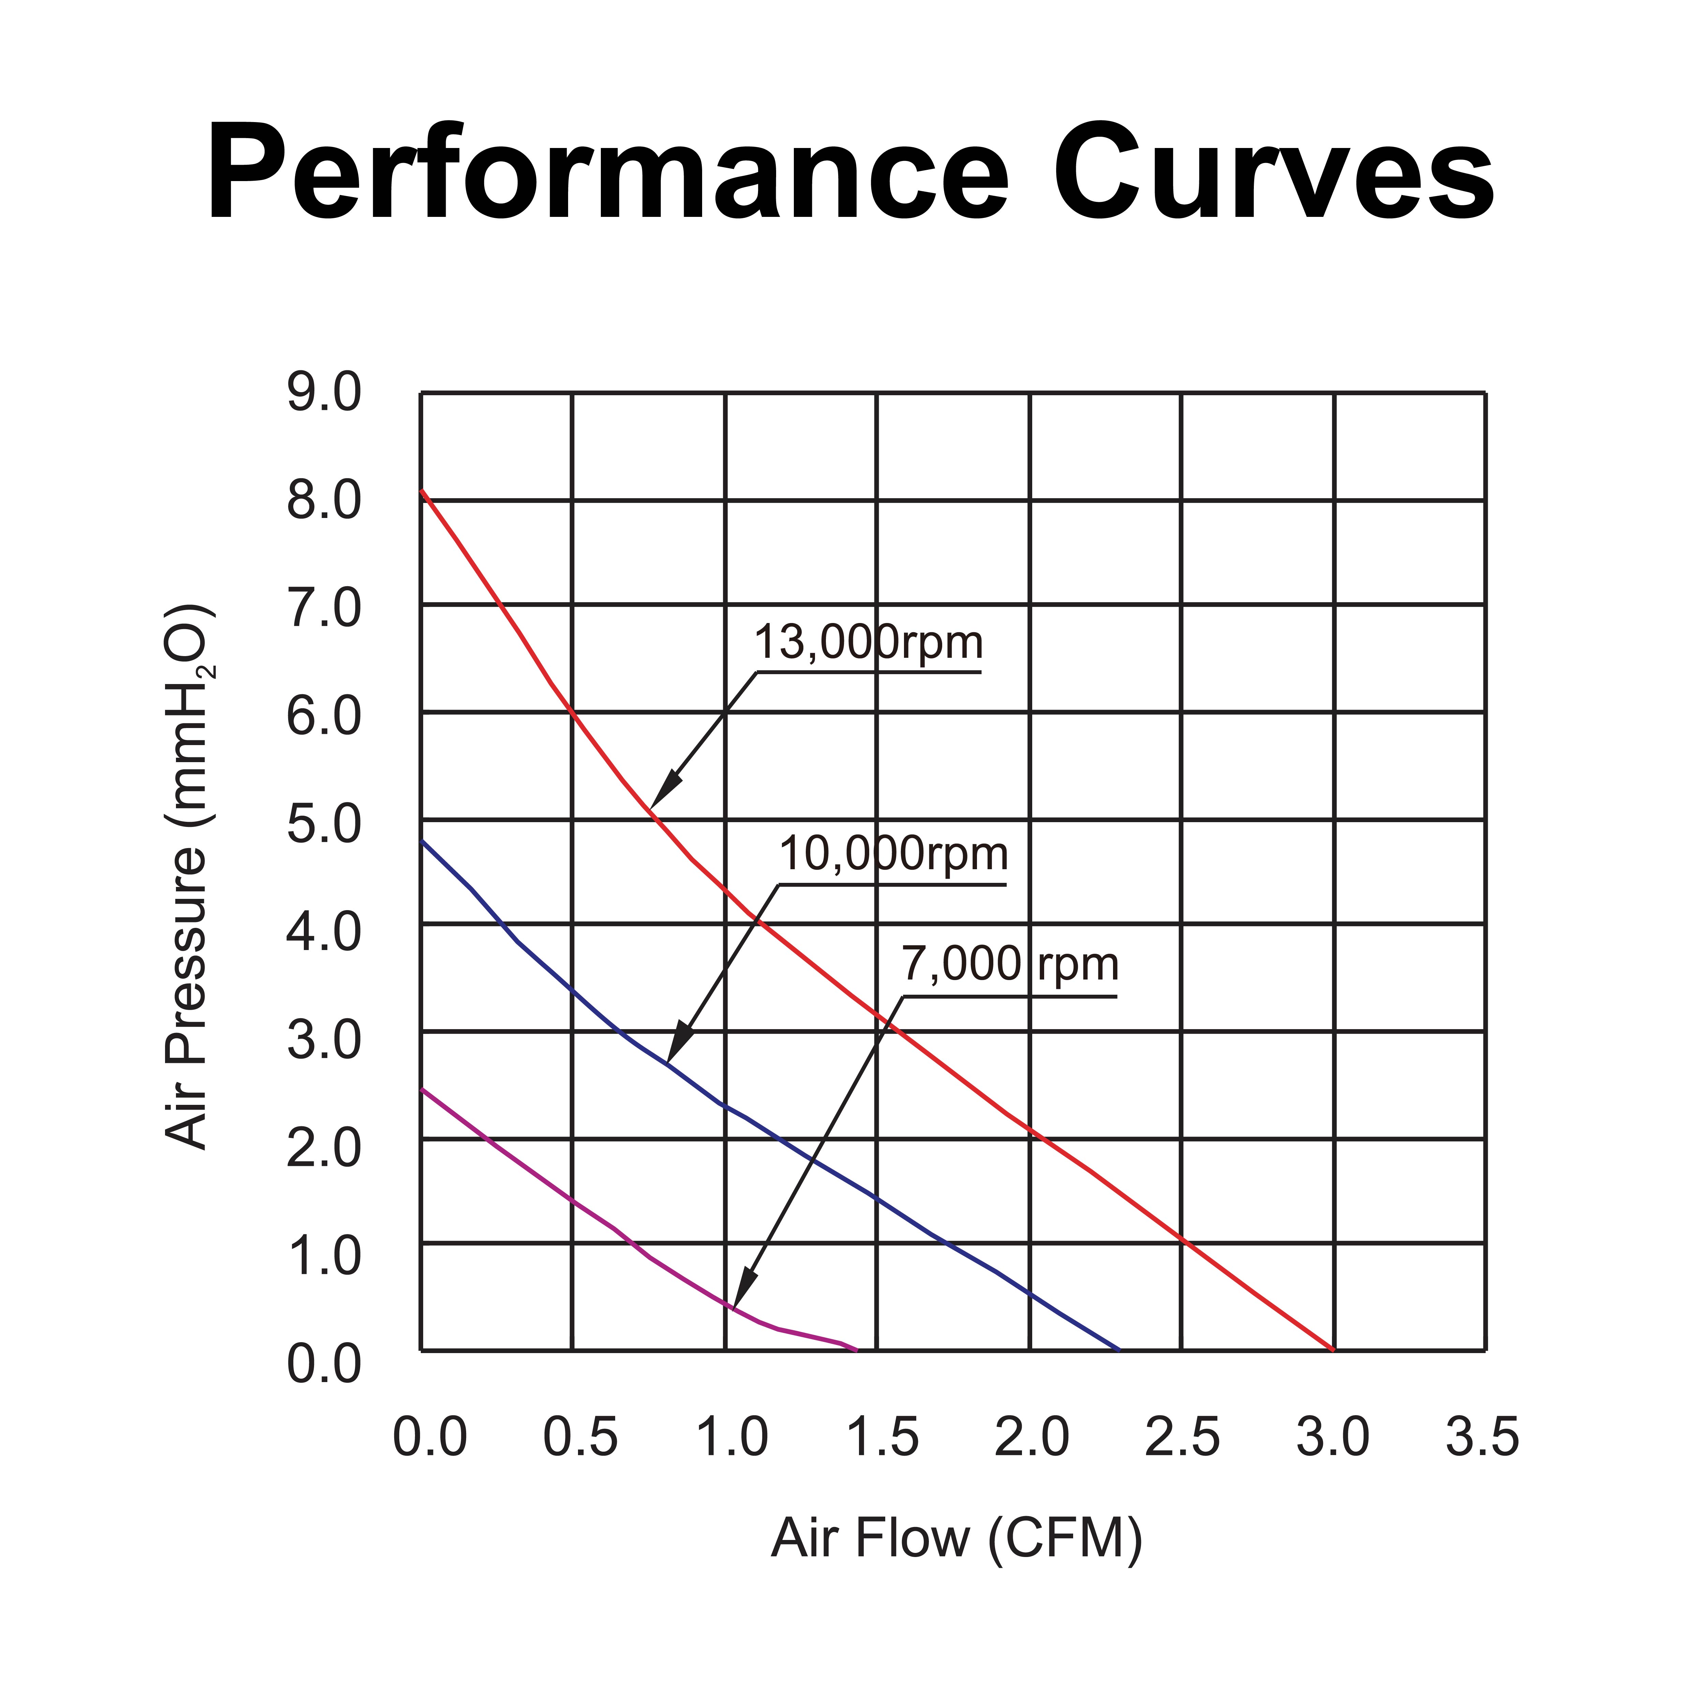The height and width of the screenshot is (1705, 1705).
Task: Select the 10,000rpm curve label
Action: pyautogui.click(x=893, y=854)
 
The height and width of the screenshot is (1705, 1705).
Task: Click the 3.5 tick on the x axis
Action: pyautogui.click(x=1483, y=1437)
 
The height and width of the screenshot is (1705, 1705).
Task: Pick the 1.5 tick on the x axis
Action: pyautogui.click(x=883, y=1437)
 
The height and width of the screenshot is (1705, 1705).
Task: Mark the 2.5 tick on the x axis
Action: pyautogui.click(x=1183, y=1437)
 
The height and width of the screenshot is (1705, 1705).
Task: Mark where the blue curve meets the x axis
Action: pyautogui.click(x=1119, y=1349)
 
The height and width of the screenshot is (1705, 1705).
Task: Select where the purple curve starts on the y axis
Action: pyautogui.click(x=422, y=1090)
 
